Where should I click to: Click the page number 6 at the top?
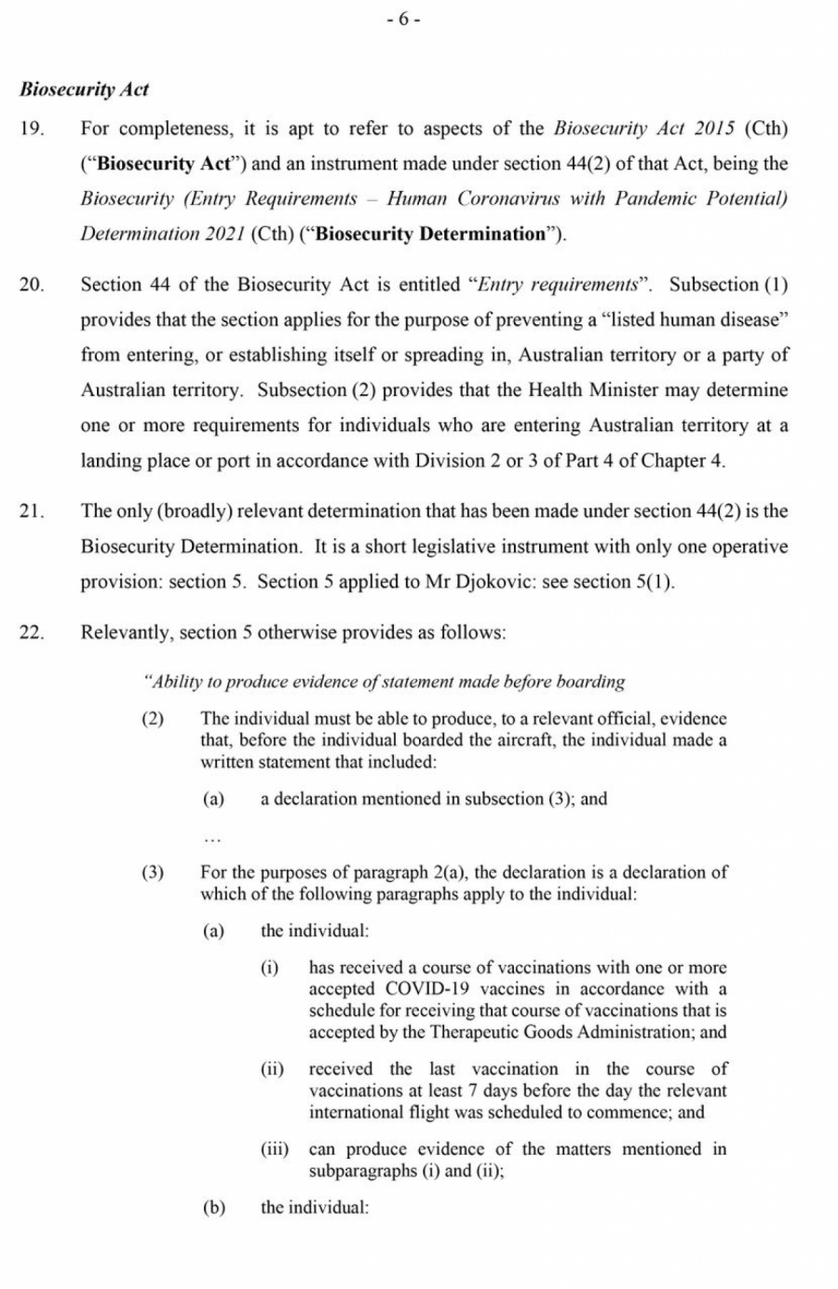(x=404, y=20)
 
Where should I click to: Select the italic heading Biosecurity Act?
(x=84, y=90)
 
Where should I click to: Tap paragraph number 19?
(x=32, y=129)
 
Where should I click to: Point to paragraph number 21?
(x=32, y=511)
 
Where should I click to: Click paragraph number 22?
(x=32, y=633)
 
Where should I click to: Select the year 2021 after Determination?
(x=223, y=234)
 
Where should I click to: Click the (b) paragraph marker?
(x=214, y=1208)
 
